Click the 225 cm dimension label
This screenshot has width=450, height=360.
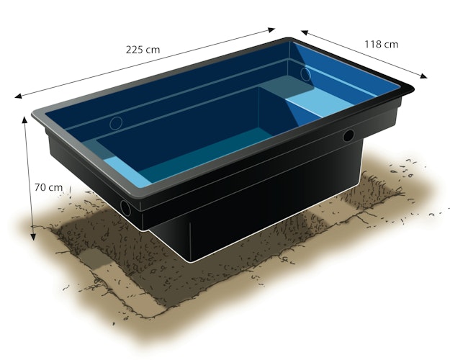tap(143, 50)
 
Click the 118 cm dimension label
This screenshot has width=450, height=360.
tap(382, 44)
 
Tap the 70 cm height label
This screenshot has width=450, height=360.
tap(48, 187)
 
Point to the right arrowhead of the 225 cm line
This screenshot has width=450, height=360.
tap(271, 30)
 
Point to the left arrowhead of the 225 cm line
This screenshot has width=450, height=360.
tap(19, 96)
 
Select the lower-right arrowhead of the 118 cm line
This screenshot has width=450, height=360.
tap(423, 76)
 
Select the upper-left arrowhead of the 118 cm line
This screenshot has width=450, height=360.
tap(305, 32)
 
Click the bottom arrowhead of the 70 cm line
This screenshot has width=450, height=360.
tap(33, 237)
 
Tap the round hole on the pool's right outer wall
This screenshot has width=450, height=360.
tap(348, 136)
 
